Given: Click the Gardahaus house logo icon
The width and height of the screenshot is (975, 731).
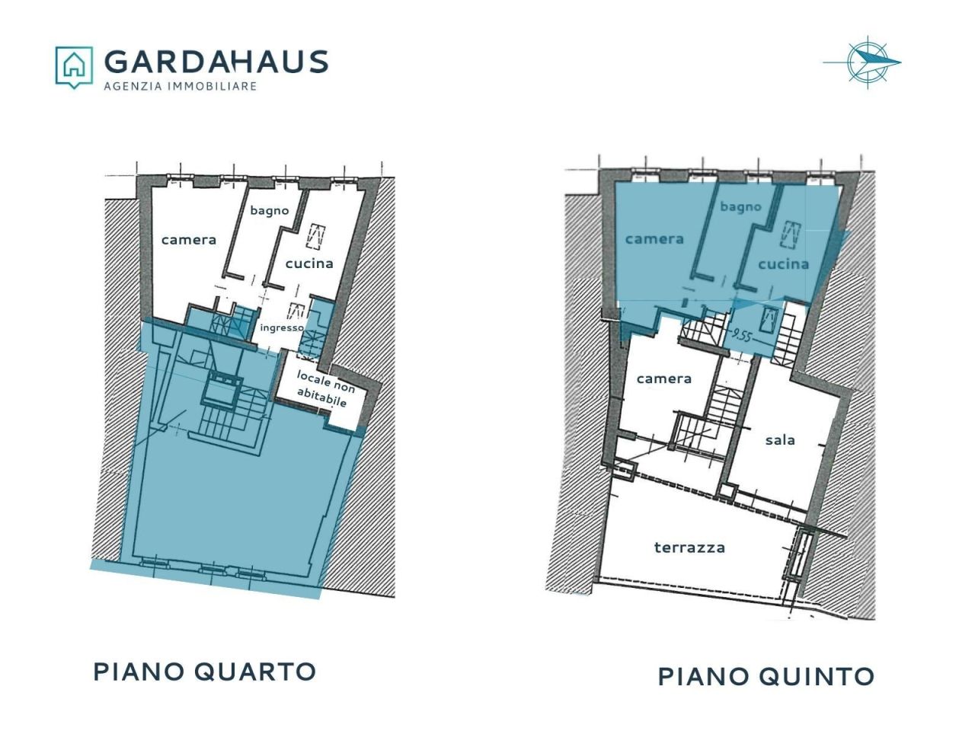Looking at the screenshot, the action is [74, 67].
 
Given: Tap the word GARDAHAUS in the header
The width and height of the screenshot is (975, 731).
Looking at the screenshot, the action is [216, 62].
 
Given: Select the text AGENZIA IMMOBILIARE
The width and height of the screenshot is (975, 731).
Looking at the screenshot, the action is [181, 86].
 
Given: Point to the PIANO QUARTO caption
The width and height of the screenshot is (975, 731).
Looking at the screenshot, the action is [205, 672].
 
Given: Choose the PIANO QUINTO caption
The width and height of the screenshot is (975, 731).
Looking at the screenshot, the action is [766, 676].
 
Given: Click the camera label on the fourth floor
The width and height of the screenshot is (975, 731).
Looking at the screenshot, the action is [189, 240].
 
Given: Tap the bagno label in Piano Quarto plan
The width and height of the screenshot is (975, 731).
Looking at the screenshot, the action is [269, 210].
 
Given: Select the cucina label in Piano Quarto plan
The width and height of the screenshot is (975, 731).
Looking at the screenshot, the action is [309, 263].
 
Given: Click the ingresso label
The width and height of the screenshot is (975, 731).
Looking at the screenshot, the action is [282, 328].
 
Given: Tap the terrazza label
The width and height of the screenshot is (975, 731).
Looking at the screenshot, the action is [689, 547].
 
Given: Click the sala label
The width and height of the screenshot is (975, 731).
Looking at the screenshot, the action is [780, 440].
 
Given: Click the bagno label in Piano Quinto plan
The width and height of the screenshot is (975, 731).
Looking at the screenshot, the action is [740, 207].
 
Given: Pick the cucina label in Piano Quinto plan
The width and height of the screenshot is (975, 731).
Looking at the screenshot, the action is [783, 264].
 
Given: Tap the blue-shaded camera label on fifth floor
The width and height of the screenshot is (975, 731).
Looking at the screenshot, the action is [654, 239].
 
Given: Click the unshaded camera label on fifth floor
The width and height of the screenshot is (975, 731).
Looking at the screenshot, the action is [664, 378].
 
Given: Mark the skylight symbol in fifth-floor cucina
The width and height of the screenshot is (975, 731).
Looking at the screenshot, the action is [791, 235].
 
